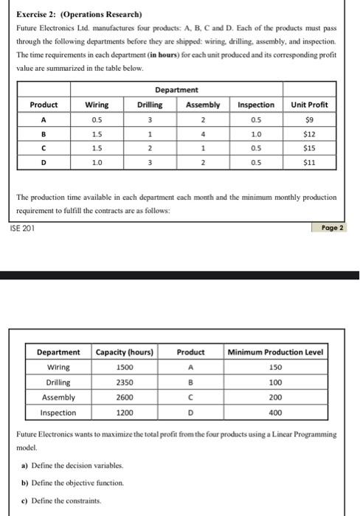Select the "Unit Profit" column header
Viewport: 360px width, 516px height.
tap(310, 105)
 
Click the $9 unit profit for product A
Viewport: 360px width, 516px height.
tap(310, 119)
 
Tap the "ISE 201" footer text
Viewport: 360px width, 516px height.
tap(24, 228)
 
